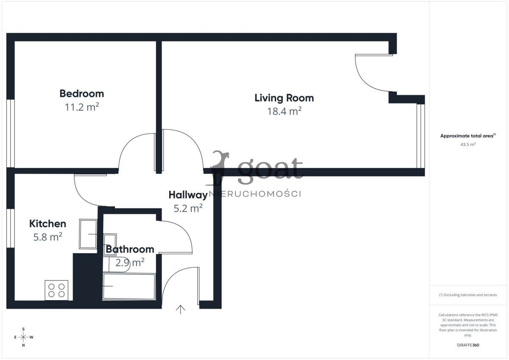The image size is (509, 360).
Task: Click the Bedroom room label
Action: [x=81, y=93]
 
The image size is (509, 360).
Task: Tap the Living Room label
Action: [x=284, y=98]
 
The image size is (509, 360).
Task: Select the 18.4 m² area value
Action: [x=284, y=112]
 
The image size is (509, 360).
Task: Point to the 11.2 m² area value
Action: [x=81, y=107]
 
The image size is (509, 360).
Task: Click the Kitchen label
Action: [x=48, y=223]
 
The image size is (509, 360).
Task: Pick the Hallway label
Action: [x=187, y=195]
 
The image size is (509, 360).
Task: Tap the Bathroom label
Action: [x=130, y=249]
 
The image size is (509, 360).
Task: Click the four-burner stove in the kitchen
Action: [x=56, y=290]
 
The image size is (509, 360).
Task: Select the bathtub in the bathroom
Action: [x=129, y=287]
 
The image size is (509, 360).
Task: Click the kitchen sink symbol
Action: [x=88, y=234]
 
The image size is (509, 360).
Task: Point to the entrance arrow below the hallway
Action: [x=181, y=310]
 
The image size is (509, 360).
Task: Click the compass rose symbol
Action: [x=23, y=337]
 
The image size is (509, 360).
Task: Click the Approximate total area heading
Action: [x=467, y=136]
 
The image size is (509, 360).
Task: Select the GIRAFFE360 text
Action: [x=467, y=345]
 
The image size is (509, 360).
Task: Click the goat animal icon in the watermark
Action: [x=219, y=167]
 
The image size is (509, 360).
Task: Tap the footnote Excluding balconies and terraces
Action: [x=467, y=295]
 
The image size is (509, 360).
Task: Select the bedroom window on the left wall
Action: [x=11, y=133]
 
